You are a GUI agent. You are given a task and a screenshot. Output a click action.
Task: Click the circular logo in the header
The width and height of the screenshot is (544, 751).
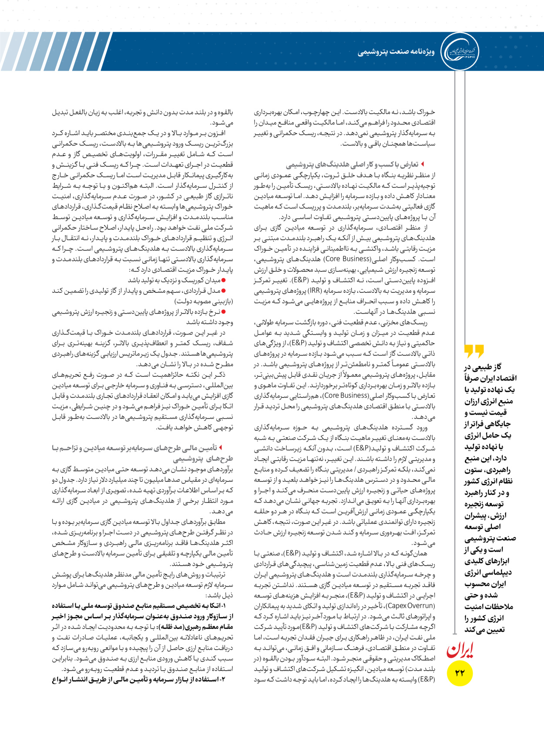coord(460,51)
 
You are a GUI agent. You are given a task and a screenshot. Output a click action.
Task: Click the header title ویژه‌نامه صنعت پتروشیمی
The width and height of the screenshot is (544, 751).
coord(396,52)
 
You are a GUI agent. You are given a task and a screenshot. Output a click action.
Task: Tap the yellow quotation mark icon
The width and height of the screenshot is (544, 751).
coord(474,350)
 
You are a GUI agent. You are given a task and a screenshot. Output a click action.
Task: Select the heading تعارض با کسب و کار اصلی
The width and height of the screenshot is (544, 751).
coord(353,164)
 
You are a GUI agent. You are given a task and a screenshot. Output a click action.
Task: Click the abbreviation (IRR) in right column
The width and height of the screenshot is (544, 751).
coord(313,291)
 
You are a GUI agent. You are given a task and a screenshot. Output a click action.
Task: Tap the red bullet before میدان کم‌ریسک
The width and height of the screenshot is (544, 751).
coord(224,281)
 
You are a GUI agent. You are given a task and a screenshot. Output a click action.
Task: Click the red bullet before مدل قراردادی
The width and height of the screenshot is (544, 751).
coord(224,291)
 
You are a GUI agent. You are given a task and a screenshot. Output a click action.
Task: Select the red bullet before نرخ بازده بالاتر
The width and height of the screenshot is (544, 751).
coord(224,312)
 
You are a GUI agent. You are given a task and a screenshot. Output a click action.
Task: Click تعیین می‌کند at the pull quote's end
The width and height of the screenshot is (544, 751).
coord(484,630)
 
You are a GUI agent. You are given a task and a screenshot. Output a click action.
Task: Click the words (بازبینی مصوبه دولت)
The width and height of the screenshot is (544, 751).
coord(204,301)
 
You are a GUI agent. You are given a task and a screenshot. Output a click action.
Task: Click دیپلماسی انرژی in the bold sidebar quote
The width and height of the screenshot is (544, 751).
coord(488,572)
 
